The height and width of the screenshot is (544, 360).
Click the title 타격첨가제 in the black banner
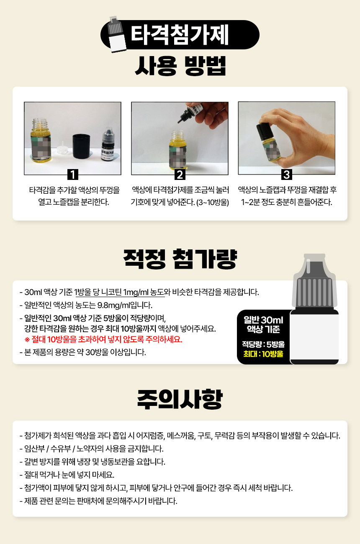pos(180,35)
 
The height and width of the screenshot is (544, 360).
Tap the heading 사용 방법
pos(180,66)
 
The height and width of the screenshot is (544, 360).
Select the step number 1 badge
pos(73,174)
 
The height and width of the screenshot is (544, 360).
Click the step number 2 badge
pos(180,174)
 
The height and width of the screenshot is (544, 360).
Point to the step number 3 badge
pos(287,174)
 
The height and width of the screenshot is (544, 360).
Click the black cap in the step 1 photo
pos(81,146)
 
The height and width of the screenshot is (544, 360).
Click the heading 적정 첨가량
pos(180,259)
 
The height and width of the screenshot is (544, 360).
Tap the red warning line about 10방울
pos(103,339)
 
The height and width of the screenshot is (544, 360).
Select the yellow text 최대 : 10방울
pos(263,354)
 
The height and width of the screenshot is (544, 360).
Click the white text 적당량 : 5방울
pos(263,344)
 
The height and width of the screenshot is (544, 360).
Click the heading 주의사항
pos(180,400)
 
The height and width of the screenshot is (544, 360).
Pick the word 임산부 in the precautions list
pos(34,449)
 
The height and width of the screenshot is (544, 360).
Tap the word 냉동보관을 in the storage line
pos(117,462)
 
